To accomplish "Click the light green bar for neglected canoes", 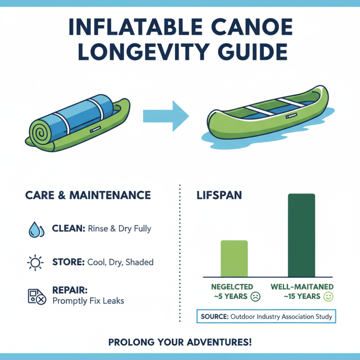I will [x=234, y=258].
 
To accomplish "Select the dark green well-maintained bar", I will [x=301, y=234].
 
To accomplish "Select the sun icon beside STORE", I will [x=35, y=262].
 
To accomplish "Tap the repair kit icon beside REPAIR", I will [x=35, y=295].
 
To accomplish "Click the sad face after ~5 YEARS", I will [x=256, y=297].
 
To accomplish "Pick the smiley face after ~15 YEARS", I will [x=328, y=297].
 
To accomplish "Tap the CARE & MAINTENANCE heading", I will [x=88, y=195].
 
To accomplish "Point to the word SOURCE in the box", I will [x=214, y=317].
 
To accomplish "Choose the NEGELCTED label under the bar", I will [x=232, y=287].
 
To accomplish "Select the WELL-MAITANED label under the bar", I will [x=302, y=287].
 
